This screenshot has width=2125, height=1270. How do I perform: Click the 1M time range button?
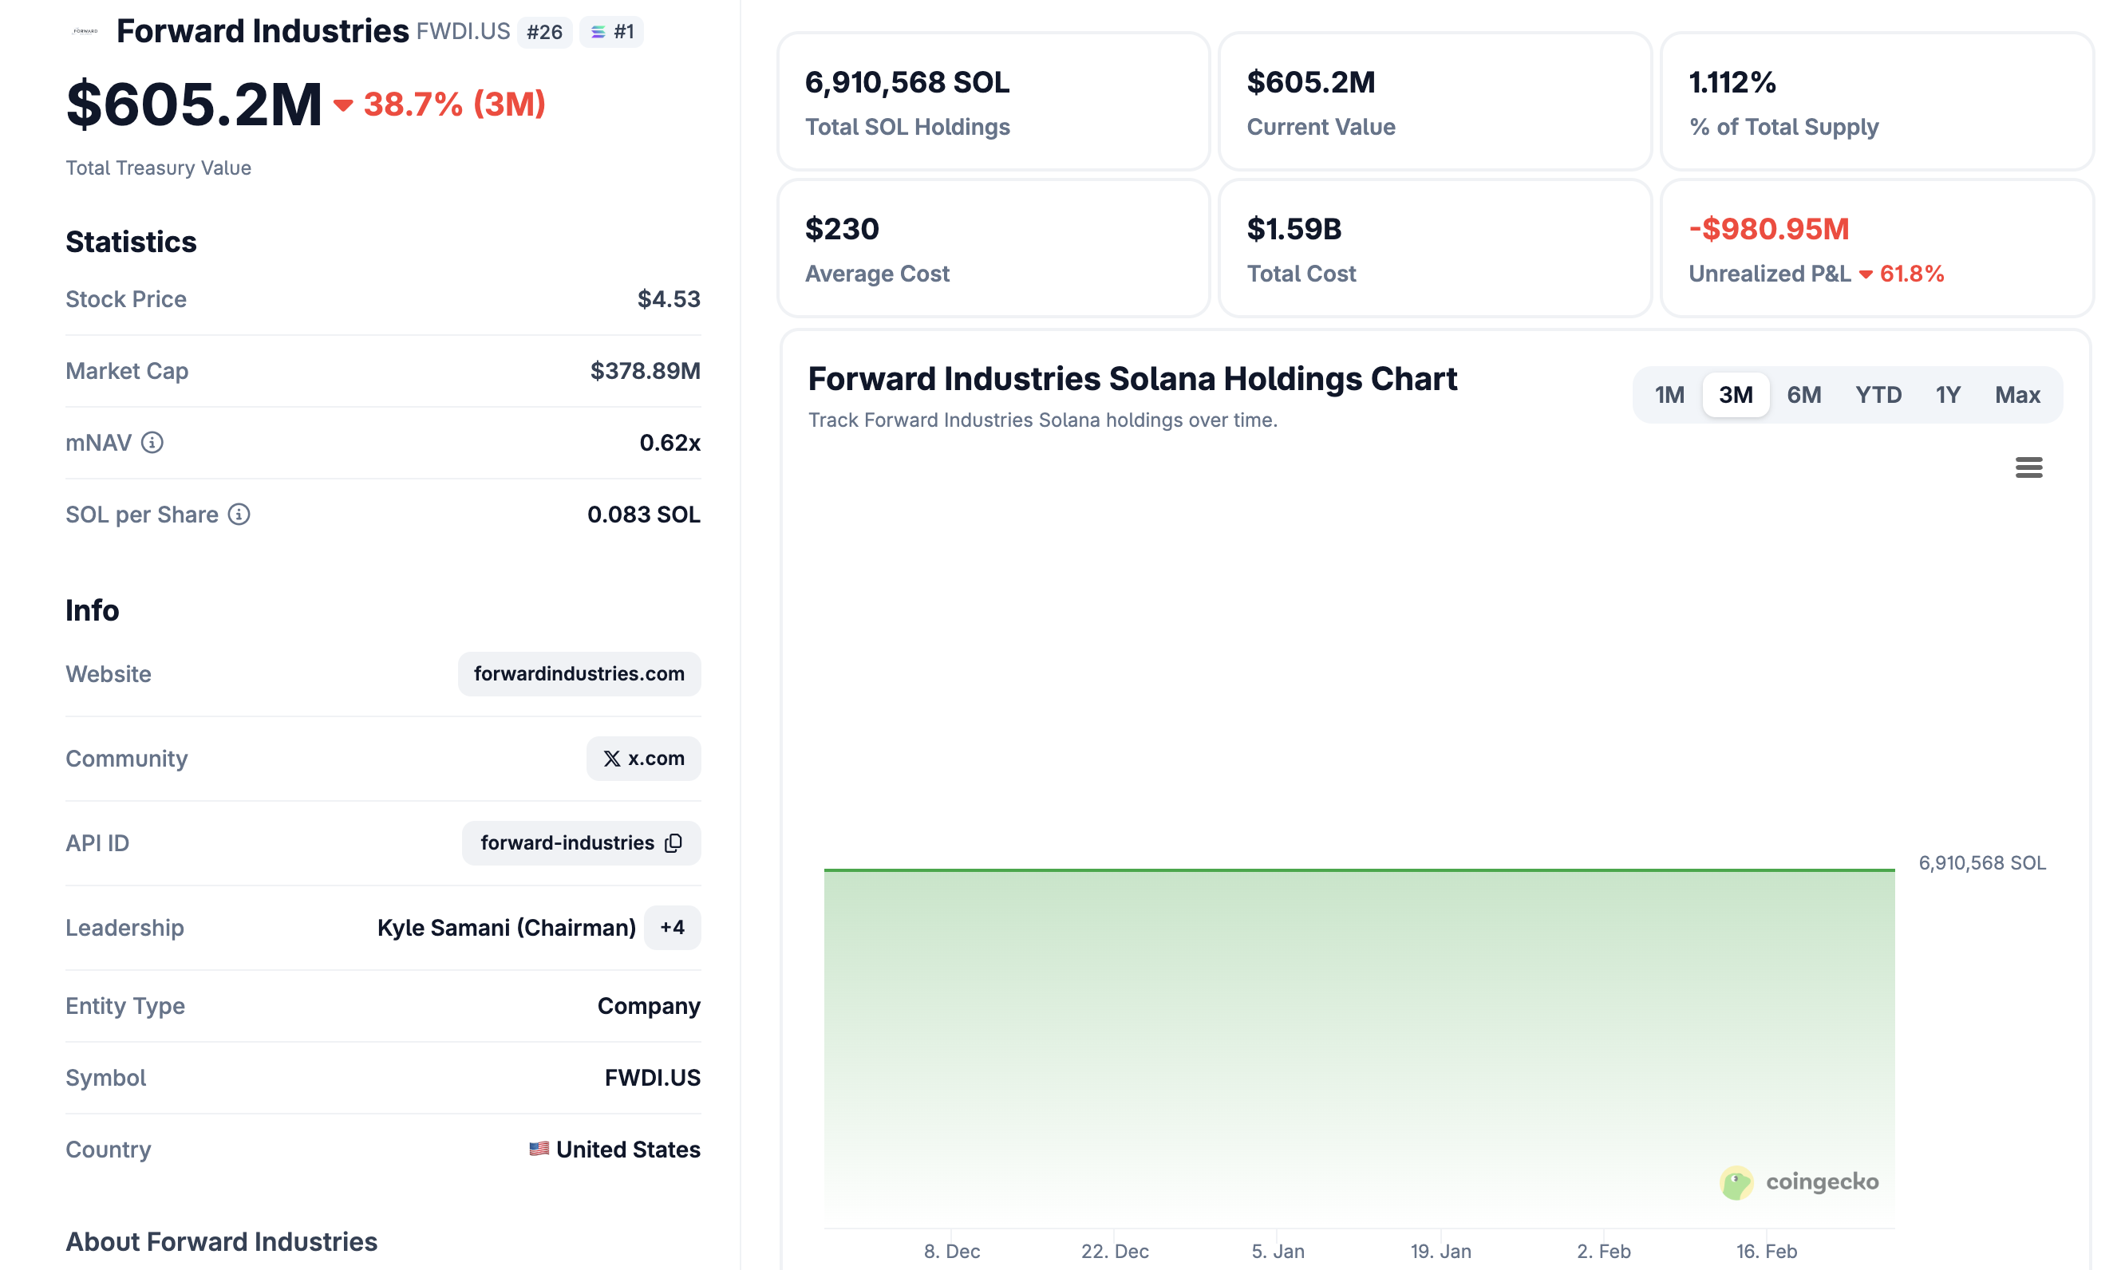click(1669, 395)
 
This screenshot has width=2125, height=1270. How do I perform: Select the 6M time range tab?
click(1803, 395)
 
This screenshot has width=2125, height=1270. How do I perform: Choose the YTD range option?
click(1878, 395)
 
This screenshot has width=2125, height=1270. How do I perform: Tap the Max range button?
click(2017, 395)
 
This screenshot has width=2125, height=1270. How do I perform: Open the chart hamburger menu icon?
click(2028, 467)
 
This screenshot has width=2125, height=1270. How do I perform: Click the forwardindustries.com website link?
click(579, 673)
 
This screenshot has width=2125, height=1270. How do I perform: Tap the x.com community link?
click(644, 758)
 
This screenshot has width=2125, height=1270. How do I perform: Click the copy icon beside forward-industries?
click(674, 843)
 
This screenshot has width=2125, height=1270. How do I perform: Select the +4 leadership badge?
click(672, 928)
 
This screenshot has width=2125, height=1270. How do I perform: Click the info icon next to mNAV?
click(152, 443)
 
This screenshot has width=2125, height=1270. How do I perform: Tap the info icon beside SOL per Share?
click(239, 515)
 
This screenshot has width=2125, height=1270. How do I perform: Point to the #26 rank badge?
click(544, 33)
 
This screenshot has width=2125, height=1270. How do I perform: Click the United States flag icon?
click(539, 1149)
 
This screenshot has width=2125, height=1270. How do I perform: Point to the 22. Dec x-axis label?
click(1114, 1250)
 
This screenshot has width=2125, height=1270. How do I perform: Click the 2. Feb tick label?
click(1603, 1250)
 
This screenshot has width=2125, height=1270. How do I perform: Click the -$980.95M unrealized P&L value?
click(1768, 228)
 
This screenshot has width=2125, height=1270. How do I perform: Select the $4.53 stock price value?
click(669, 298)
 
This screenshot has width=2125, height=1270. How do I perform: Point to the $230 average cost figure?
click(841, 228)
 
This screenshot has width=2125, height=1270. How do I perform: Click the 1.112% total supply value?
click(1732, 82)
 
